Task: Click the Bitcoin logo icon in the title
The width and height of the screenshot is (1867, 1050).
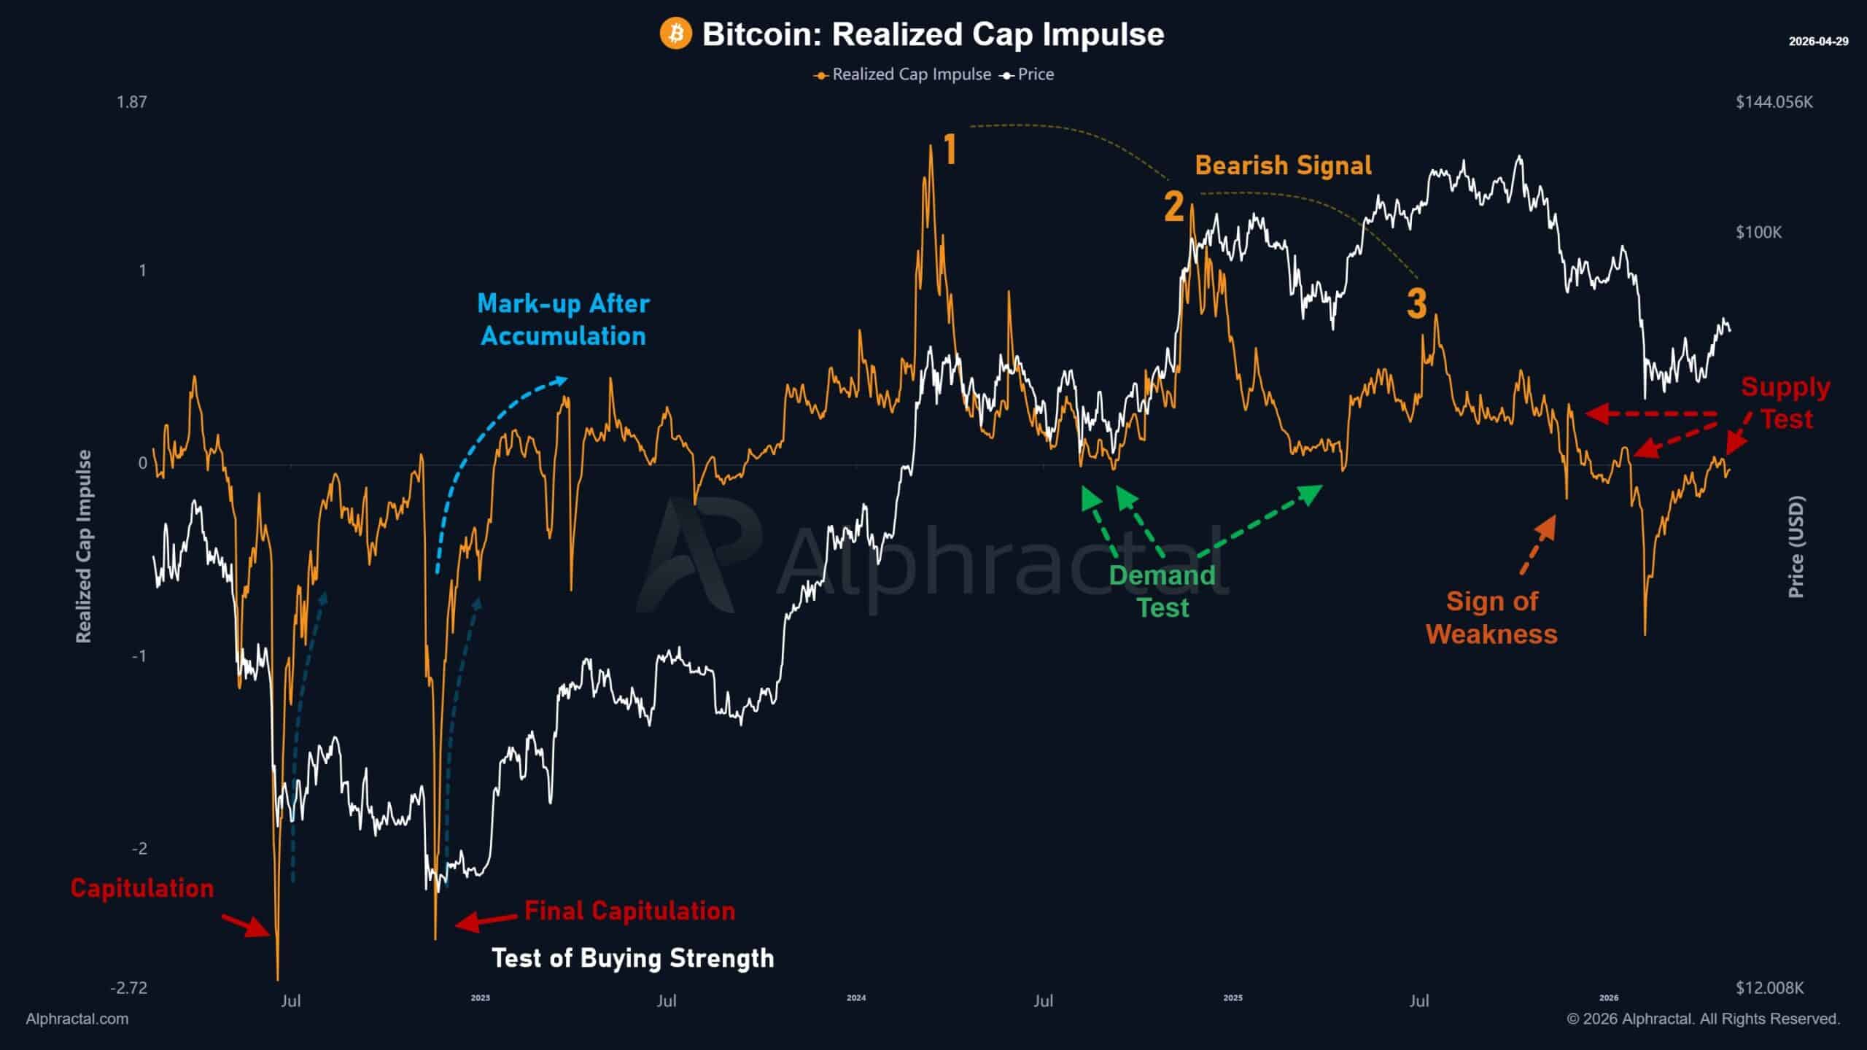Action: pos(675,34)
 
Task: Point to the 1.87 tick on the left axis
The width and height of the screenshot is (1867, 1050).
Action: pos(132,102)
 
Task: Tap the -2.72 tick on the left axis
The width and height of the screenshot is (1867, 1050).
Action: pos(129,988)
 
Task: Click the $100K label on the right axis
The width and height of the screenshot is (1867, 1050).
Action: pos(1758,233)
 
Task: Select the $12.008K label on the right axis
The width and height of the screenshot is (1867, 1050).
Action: pos(1769,988)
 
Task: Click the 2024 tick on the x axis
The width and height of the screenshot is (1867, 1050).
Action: pos(856,998)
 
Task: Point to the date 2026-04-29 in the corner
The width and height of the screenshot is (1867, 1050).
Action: pos(1818,42)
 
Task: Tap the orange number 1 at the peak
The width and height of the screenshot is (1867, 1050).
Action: pos(950,150)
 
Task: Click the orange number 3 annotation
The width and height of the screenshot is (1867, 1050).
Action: pos(1416,304)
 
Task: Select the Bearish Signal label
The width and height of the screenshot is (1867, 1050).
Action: pos(1283,166)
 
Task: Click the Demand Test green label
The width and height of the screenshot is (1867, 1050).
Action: pos(1162,591)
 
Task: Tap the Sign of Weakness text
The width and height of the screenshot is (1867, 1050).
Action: pos(1491,618)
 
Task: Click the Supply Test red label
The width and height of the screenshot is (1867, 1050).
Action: pos(1785,402)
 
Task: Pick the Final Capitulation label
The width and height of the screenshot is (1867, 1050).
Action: pos(629,911)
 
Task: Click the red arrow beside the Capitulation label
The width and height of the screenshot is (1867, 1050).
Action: pos(247,925)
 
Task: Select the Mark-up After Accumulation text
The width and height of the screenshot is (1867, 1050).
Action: pos(563,319)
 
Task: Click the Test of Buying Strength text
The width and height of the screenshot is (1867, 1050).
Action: pos(632,958)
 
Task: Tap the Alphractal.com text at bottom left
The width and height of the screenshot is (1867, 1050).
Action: pos(77,1019)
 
